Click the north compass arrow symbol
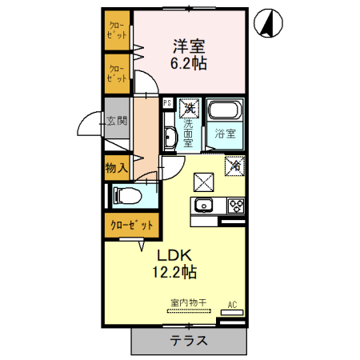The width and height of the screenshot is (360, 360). [268, 25]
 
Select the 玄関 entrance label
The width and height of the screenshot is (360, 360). [117, 122]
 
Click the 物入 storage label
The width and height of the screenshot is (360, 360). [117, 167]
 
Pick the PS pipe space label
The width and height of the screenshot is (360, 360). [167, 103]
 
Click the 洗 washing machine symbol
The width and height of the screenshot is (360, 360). [188, 106]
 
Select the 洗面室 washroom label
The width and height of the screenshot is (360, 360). [188, 134]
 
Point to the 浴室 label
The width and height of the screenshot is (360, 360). [225, 134]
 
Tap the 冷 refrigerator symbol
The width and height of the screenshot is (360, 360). [236, 166]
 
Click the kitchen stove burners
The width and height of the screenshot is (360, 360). [237, 204]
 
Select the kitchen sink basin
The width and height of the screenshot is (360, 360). [202, 205]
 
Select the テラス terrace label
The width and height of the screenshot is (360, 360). [188, 339]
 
